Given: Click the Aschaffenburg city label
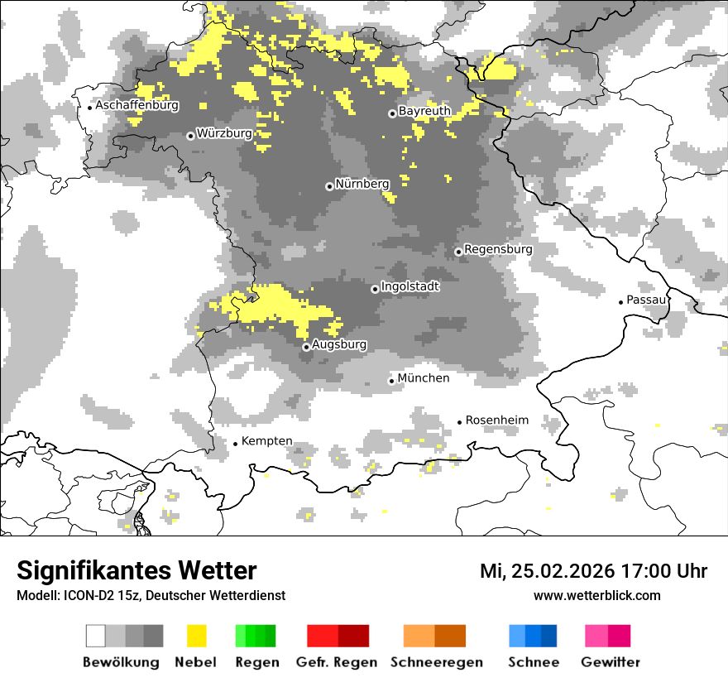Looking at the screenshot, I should point(136,106).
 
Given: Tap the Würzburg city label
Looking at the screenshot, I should point(224,133).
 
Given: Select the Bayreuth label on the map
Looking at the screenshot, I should point(424,111).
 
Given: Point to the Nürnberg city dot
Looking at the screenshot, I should point(329,186).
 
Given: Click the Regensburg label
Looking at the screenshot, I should point(498,249).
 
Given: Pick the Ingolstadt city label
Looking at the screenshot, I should point(410,286).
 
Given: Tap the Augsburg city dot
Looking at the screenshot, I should point(306,347).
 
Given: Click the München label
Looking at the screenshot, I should point(424,378).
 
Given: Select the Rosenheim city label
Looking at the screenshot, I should point(496,420).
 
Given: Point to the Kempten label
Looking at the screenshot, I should point(267,441).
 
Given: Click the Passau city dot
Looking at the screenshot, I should point(621,302).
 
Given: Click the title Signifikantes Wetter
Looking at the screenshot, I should point(136,570).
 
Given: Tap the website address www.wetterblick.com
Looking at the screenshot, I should point(597,595).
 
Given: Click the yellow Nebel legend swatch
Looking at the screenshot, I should point(196,636).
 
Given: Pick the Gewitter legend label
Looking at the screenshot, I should point(610,662).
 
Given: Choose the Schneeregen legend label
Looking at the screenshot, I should point(437,662).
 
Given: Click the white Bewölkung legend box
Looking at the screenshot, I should point(96,636).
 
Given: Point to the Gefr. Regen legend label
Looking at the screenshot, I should point(337,662).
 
